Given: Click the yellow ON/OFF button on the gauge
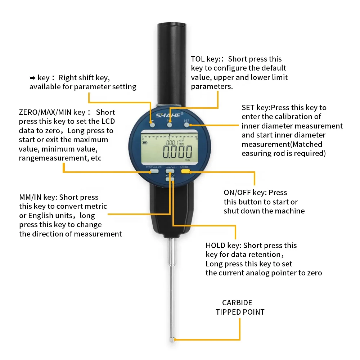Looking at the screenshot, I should [186, 172].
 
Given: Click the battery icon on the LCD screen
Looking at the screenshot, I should [145, 143].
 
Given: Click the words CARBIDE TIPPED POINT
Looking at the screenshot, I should [240, 307].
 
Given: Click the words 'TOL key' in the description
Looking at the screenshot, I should [205, 59].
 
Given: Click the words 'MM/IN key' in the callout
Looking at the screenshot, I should [37, 197].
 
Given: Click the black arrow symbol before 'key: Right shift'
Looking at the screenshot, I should [32, 78].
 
